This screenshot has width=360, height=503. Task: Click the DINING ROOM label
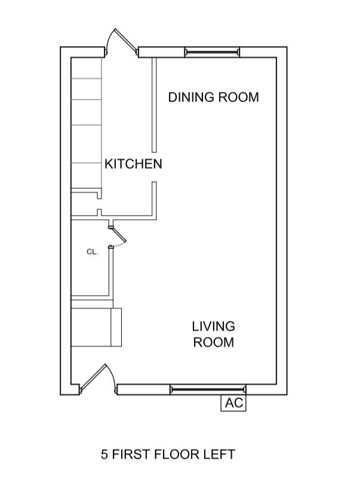213,97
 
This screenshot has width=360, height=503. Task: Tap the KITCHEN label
133,164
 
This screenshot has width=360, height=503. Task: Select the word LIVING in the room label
213,327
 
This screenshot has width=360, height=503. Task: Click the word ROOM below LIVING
213,342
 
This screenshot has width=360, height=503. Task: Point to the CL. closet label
91,252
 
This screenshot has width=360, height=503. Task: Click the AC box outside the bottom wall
233,403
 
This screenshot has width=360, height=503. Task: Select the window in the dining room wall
211,53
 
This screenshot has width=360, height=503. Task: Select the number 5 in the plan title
104,455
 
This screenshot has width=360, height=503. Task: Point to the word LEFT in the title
220,455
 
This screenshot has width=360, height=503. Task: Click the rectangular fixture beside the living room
96,327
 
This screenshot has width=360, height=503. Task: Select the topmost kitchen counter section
86,68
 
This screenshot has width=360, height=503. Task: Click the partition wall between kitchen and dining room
153,105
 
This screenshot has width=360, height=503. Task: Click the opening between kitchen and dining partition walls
153,167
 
